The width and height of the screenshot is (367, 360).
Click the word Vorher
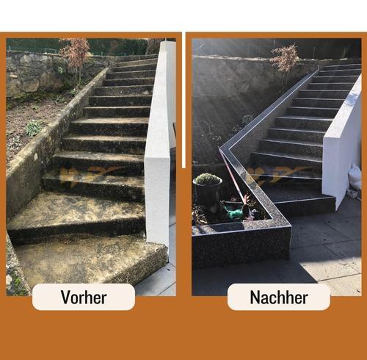(84, 297)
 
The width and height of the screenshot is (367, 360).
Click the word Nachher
(279, 297)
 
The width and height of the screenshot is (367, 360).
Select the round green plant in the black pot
(208, 179)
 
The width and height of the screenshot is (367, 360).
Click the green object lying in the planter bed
(234, 212)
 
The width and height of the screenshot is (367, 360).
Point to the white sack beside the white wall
(355, 176)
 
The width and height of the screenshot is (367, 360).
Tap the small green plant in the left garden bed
(34, 128)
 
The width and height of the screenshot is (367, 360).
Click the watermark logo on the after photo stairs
(277, 174)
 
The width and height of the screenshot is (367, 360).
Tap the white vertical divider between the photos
(183, 100)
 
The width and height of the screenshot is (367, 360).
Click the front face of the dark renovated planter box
(241, 248)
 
